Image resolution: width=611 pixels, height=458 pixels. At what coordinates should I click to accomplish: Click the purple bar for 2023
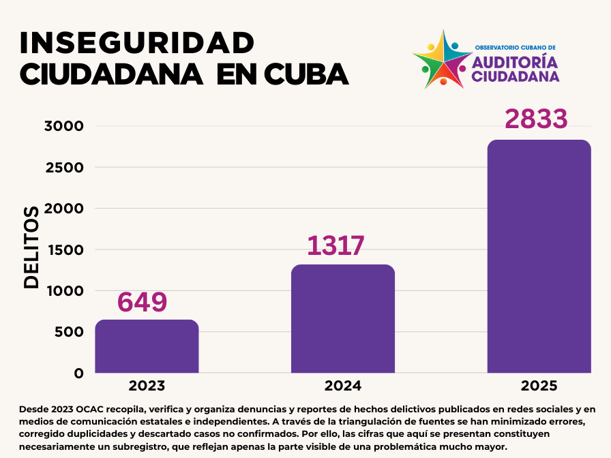147,346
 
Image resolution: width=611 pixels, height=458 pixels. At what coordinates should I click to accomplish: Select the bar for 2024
343,318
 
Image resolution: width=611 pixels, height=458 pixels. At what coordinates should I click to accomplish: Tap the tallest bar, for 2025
539,256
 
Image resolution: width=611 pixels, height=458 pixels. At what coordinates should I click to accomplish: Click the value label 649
143,302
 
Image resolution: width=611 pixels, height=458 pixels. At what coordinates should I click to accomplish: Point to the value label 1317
336,246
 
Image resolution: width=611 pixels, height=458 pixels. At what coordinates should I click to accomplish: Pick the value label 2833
536,119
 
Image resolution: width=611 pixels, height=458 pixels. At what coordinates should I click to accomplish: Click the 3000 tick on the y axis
63,126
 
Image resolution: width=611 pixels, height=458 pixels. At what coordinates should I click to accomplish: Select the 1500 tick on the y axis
63,250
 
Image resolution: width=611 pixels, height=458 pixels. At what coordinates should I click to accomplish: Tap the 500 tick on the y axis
69,333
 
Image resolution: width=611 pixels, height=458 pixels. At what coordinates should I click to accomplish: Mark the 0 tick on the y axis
79,373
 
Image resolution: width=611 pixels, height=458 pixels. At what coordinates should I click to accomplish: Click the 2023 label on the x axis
147,386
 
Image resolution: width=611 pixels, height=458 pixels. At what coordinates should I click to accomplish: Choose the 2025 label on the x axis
539,386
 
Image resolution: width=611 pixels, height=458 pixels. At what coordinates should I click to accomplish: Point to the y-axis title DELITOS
31,247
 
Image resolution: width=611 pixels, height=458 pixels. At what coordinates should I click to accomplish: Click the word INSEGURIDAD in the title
137,43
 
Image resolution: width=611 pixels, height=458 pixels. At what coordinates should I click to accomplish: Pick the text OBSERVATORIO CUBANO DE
515,48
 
